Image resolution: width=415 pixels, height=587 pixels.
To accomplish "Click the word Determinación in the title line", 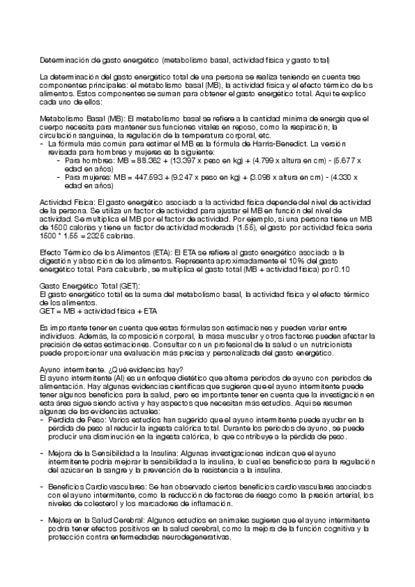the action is click(64, 60).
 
